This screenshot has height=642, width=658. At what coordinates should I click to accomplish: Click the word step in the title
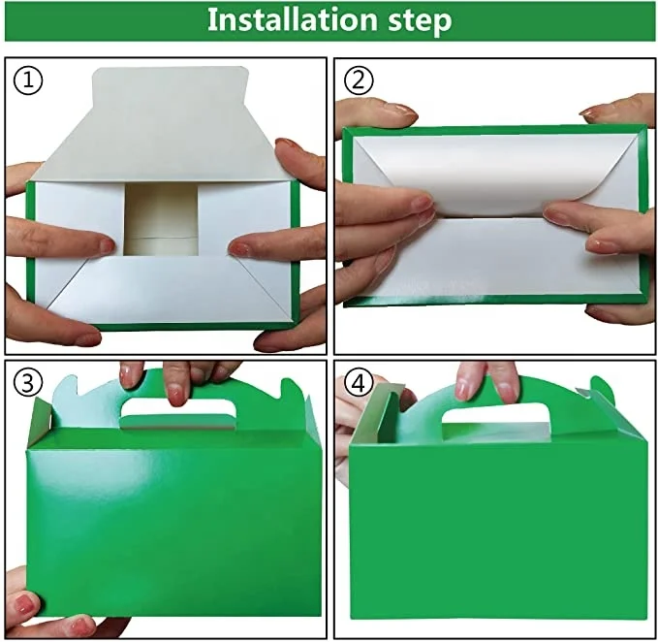[420, 21]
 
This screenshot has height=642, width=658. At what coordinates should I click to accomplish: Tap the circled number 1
[28, 80]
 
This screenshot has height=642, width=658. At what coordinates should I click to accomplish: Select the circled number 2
[358, 80]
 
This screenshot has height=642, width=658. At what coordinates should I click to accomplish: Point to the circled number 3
[28, 383]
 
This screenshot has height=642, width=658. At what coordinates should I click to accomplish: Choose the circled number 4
[358, 383]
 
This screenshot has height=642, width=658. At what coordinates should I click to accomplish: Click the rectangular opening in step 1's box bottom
[161, 219]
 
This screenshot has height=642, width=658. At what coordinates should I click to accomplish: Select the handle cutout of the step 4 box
[496, 422]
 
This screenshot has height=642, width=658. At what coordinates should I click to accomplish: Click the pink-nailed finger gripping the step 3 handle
[177, 383]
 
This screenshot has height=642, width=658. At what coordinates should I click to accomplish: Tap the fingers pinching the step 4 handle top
[486, 381]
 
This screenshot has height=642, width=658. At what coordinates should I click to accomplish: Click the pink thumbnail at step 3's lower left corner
[24, 604]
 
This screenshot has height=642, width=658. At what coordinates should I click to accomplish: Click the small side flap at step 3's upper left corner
[40, 420]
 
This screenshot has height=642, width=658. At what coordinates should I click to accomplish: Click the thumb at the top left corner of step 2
[378, 112]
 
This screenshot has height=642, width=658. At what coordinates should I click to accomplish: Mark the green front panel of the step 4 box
[498, 531]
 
